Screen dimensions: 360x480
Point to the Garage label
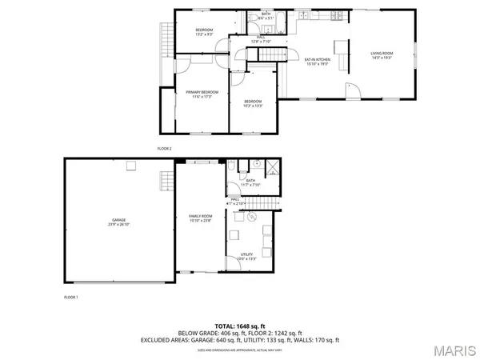118,219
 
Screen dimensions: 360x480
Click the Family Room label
201,216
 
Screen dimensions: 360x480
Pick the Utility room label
247,254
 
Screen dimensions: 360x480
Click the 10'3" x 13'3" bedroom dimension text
253,105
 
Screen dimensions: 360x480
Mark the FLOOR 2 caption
164,149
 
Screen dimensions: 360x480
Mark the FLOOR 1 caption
71,297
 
